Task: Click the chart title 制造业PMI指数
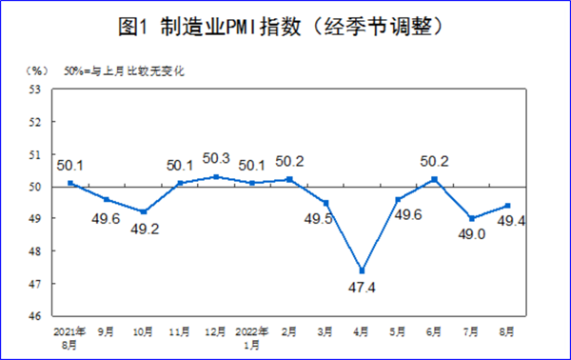pos(285,27)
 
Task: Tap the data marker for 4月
pos(363,270)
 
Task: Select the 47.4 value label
pos(362,288)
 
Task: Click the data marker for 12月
pos(216,176)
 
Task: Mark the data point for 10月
pos(144,211)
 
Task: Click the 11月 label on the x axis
pos(179,332)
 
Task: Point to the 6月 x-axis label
pos(435,332)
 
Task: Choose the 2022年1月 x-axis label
pos(252,338)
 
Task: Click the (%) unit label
pos(36,71)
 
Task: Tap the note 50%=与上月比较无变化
pos(123,71)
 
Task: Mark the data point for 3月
pos(325,202)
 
